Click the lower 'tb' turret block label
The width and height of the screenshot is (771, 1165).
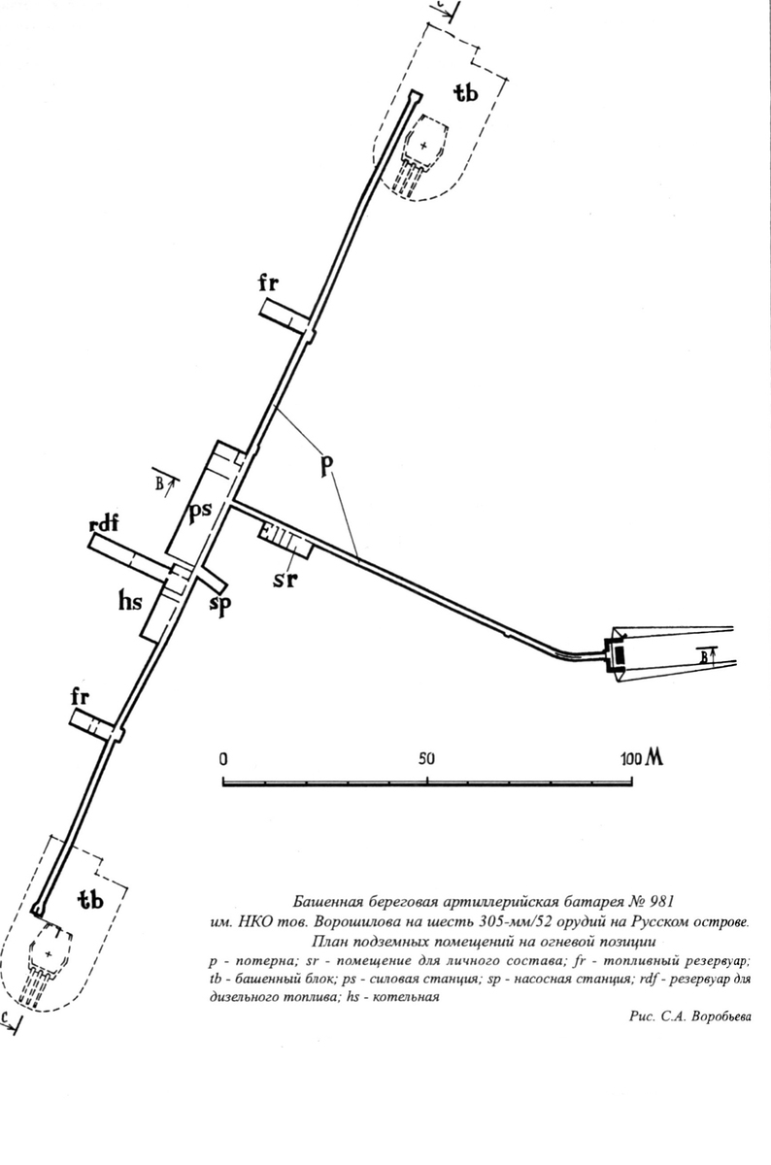tap(90, 900)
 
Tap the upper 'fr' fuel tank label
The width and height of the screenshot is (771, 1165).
tap(269, 283)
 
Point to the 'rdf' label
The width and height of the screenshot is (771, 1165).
tap(104, 523)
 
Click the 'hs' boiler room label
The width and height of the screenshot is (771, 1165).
tap(130, 602)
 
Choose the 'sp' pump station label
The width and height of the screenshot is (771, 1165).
tap(220, 605)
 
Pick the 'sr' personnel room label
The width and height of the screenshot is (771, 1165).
tap(285, 580)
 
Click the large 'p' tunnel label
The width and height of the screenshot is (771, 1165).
tap(326, 465)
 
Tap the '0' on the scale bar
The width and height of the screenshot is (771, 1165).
tap(223, 760)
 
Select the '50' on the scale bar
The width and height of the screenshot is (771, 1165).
tap(426, 759)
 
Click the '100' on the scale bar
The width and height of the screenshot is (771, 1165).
tap(631, 759)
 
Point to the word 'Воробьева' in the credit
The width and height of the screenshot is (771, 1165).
tap(721, 1017)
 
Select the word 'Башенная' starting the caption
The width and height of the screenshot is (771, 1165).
tap(325, 900)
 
